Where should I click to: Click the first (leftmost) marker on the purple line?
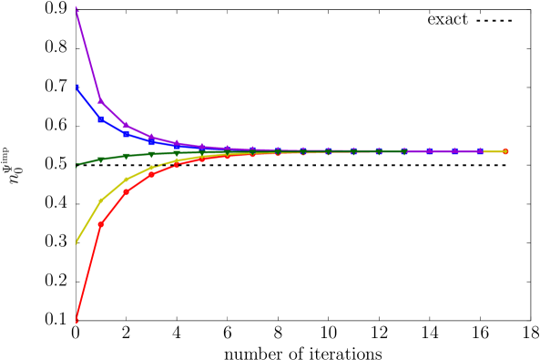(x=76, y=8)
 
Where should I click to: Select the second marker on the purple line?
(x=101, y=100)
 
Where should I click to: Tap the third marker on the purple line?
(x=127, y=125)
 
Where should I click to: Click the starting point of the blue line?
(x=76, y=87)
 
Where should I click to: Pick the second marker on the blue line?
(x=101, y=118)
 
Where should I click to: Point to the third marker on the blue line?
(x=127, y=133)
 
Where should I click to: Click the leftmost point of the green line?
(x=76, y=165)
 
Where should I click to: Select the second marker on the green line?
(x=101, y=159)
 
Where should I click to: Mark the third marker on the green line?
(x=127, y=156)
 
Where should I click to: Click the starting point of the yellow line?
(x=76, y=242)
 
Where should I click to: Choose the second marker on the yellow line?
(x=101, y=201)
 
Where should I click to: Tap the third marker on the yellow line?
(x=127, y=180)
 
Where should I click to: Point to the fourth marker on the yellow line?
(x=152, y=168)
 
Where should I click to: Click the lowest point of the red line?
(x=76, y=319)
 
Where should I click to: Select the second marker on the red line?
(x=101, y=224)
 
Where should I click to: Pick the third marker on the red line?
(x=127, y=191)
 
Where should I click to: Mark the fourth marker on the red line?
(x=152, y=174)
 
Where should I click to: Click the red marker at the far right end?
(x=505, y=151)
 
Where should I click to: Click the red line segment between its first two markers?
(x=88, y=272)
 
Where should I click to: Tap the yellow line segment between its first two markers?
(x=88, y=221)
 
